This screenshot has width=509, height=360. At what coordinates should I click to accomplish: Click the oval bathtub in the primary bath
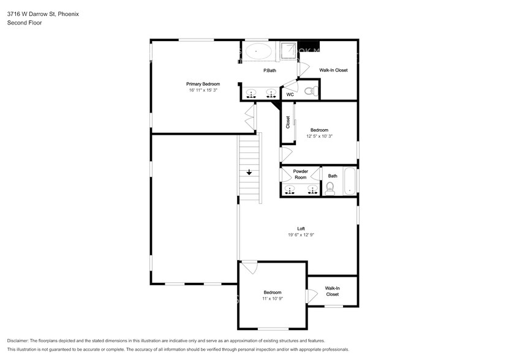tap(258, 51)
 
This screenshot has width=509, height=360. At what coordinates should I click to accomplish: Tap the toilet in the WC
tap(311, 91)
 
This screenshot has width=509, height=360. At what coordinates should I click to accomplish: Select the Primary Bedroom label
tap(203, 84)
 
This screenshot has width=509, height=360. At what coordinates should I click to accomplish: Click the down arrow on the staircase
tap(249, 172)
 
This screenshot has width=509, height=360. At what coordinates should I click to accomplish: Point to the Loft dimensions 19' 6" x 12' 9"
tap(301, 234)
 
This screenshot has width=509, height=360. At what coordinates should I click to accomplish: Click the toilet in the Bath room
tap(330, 189)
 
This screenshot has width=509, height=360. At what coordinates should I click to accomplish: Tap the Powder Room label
tap(301, 174)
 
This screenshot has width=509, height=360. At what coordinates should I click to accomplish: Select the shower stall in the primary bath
tap(288, 51)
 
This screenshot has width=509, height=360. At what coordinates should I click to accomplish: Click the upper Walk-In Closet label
tap(333, 70)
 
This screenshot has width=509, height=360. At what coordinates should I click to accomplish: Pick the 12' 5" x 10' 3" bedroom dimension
tap(319, 137)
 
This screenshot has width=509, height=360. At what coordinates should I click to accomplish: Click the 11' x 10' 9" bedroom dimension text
tap(273, 299)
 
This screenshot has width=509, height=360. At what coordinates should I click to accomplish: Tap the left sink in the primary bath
tap(251, 94)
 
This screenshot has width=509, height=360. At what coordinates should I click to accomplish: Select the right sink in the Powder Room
tap(312, 189)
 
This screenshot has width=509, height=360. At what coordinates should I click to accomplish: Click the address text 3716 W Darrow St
tap(31, 14)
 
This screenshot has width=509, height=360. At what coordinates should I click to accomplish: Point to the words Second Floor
tap(25, 23)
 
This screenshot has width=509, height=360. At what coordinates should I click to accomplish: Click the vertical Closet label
tap(288, 122)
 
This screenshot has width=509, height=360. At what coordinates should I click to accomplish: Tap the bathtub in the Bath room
tap(350, 181)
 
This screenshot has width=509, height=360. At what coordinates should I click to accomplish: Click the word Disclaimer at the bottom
tap(18, 341)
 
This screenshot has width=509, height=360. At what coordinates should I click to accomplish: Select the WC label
tap(290, 94)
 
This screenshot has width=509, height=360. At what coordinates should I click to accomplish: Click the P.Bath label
tap(270, 70)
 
